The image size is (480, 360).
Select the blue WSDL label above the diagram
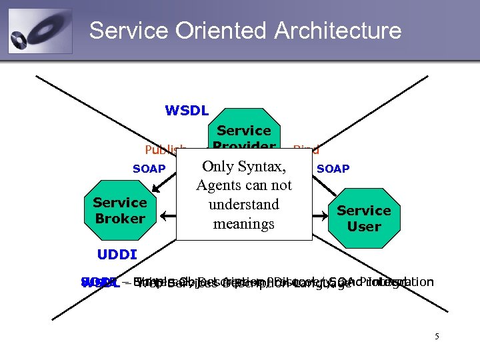187,111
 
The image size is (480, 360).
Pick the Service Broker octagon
120,210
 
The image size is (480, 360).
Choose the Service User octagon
363,218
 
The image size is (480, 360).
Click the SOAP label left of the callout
149,169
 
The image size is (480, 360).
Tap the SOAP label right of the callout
333,169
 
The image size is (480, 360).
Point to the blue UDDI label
117,255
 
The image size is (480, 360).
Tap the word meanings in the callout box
244,224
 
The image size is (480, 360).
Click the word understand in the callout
244,205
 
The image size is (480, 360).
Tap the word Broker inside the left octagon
120,219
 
